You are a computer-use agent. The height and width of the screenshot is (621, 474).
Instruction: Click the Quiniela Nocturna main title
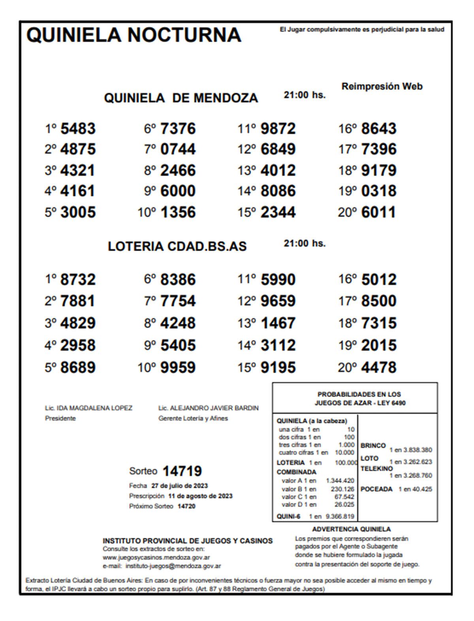(134, 35)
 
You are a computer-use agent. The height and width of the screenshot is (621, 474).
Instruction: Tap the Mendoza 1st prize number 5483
(78, 128)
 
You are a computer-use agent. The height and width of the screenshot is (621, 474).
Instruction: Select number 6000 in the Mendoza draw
(178, 191)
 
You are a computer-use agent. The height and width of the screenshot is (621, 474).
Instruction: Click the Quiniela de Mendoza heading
(181, 98)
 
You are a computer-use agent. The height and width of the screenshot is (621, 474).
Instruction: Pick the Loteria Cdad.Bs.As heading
(177, 246)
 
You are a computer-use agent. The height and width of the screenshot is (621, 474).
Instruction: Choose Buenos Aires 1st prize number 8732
(78, 279)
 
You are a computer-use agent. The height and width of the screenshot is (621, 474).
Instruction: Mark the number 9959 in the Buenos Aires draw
(178, 367)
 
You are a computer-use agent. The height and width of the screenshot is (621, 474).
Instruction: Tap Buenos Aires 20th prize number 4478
(378, 367)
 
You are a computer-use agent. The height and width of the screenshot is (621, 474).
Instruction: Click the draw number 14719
(182, 471)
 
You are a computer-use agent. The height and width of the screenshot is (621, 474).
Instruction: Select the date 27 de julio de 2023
(179, 485)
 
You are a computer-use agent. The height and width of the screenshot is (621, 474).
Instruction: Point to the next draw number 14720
(186, 506)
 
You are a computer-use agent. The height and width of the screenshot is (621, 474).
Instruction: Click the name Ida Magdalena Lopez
(95, 408)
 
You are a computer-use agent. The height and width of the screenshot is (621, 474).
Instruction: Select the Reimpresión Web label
(382, 86)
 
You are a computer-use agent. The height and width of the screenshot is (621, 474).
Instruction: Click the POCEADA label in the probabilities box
(376, 489)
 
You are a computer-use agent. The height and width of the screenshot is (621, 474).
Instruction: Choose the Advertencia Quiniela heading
(351, 529)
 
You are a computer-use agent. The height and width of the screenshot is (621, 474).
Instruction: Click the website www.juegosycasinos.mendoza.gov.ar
(156, 557)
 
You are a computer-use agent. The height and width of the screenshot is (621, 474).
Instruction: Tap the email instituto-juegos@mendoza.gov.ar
(173, 566)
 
